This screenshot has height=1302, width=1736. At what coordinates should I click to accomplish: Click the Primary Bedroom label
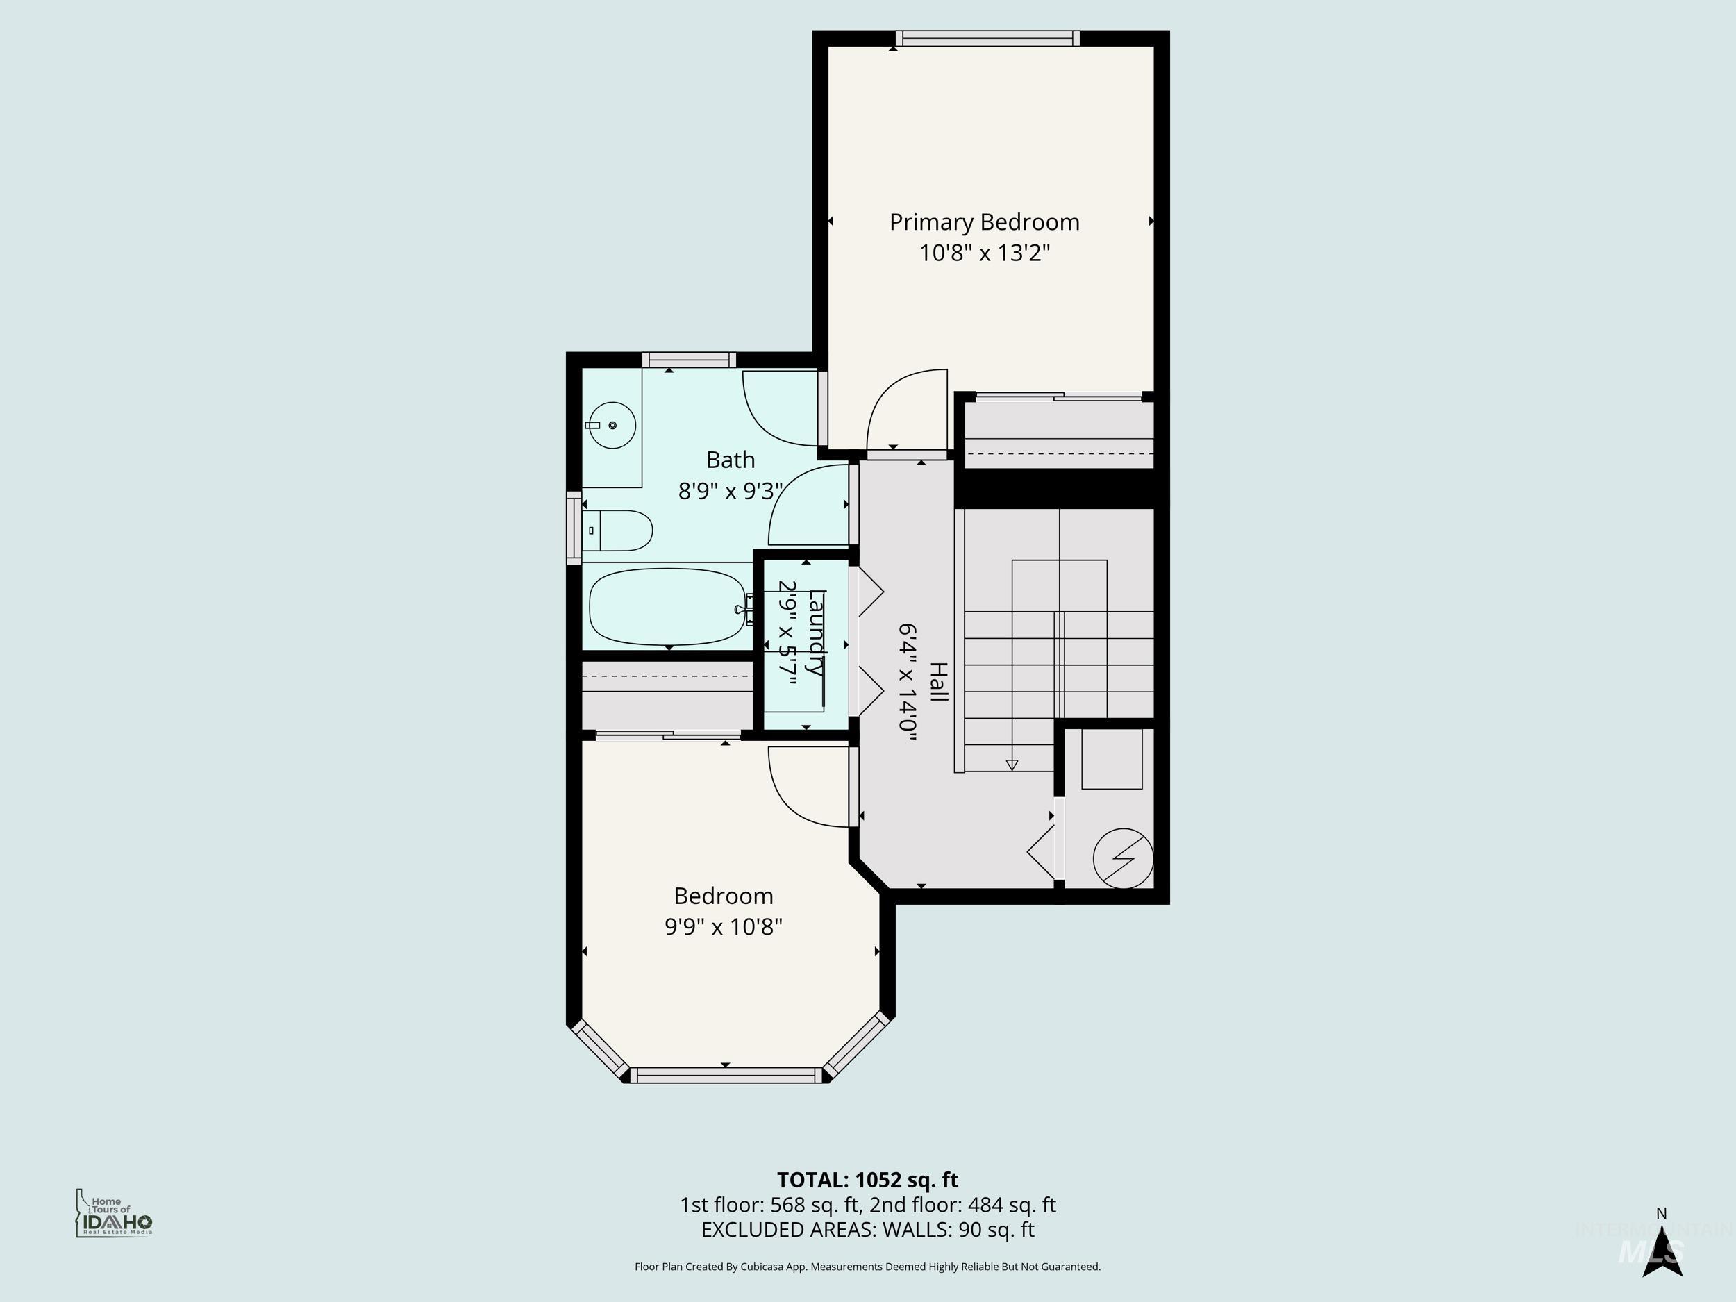click(x=984, y=222)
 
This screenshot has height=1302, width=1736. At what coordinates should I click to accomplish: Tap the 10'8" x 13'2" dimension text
click(x=984, y=253)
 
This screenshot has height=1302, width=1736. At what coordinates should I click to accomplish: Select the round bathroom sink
click(x=611, y=424)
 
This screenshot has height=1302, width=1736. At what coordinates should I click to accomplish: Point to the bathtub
click(x=667, y=607)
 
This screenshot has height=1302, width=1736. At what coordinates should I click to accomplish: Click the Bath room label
click(x=730, y=460)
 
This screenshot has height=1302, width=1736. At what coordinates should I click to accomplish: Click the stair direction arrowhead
click(x=1012, y=765)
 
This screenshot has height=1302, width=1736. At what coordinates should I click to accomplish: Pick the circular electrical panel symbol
click(x=1123, y=858)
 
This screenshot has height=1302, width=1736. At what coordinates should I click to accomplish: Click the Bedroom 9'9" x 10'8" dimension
click(x=723, y=927)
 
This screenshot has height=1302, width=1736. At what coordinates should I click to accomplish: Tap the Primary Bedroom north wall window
click(x=987, y=38)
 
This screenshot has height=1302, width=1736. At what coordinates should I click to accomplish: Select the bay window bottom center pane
click(x=725, y=1075)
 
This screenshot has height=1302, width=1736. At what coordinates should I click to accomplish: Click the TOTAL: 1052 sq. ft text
click(x=867, y=1180)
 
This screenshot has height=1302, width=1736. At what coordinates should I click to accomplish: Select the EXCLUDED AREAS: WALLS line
click(x=867, y=1230)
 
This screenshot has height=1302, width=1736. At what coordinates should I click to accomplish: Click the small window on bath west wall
click(x=574, y=528)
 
